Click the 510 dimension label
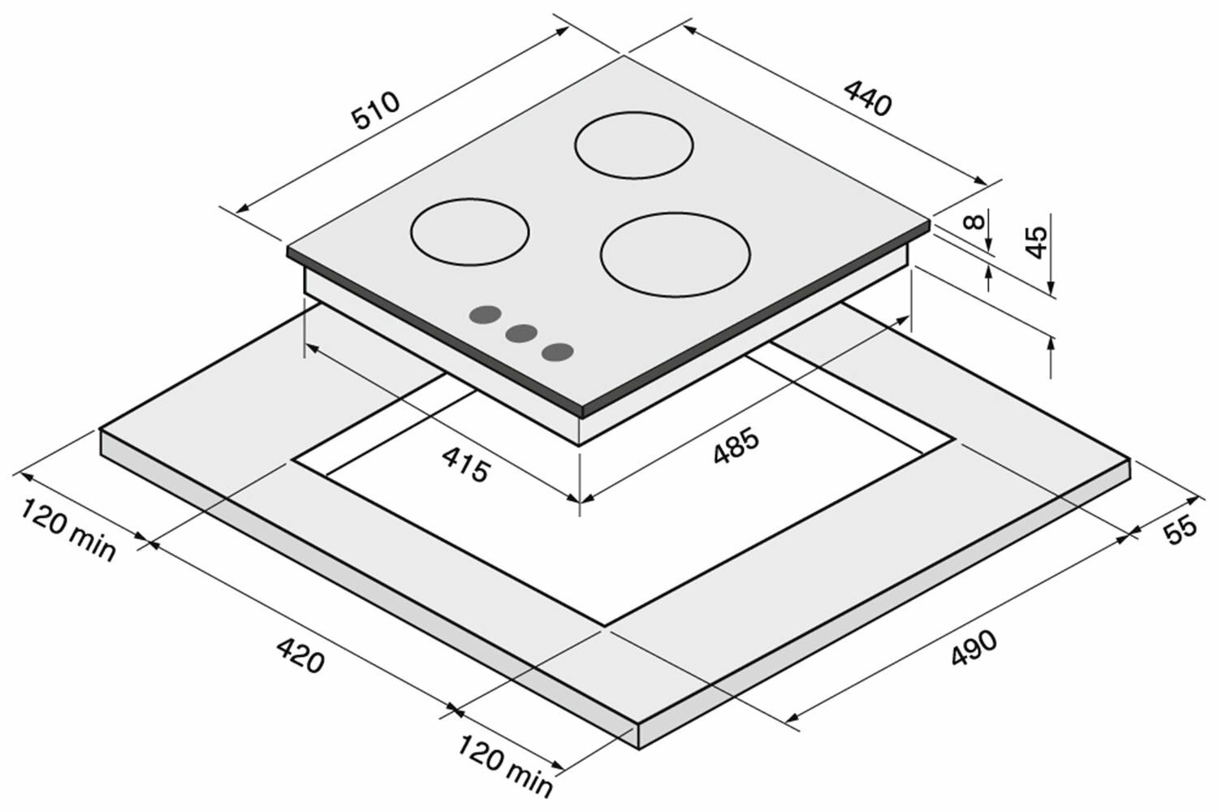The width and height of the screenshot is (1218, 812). click(x=376, y=111)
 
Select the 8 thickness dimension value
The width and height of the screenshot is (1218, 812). click(x=978, y=220)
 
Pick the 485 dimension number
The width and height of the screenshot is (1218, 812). click(x=736, y=447)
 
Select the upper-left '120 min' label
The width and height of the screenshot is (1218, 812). click(x=68, y=531)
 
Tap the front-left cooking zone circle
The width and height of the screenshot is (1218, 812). click(x=469, y=231)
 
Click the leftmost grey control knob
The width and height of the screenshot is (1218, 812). click(x=485, y=315)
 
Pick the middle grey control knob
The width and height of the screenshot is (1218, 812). click(x=520, y=333)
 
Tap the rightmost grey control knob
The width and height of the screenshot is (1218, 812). click(x=558, y=351)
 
